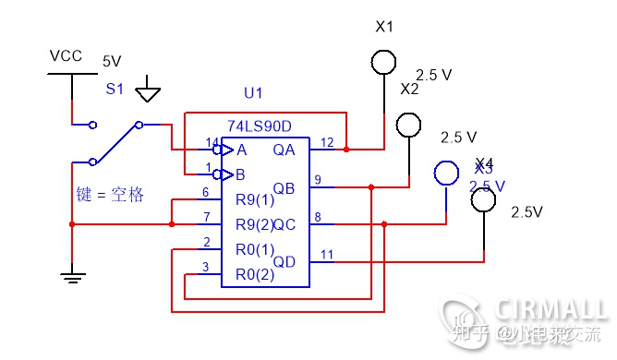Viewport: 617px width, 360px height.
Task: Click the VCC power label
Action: [x=66, y=56]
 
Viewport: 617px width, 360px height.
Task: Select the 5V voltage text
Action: [x=111, y=62]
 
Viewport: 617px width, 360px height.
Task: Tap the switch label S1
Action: [x=114, y=90]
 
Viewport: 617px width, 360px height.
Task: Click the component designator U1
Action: [x=253, y=93]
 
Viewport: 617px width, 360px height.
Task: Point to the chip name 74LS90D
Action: [x=260, y=125]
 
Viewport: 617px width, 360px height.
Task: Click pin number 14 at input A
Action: [x=210, y=141]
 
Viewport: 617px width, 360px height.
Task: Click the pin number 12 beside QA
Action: [x=327, y=141]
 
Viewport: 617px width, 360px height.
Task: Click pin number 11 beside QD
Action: [x=327, y=254]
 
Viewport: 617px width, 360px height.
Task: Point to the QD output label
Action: [x=284, y=261]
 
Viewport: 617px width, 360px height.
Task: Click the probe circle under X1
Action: [x=384, y=61]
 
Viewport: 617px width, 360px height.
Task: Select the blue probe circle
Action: [x=446, y=173]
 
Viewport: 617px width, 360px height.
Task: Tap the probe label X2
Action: [x=409, y=90]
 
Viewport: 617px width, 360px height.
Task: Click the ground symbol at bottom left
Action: [x=71, y=273]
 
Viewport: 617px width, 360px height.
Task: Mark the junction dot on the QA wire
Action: [x=346, y=149]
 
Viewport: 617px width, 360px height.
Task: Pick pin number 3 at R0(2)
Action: [x=206, y=267]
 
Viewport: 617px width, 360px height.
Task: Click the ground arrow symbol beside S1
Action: [x=148, y=94]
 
